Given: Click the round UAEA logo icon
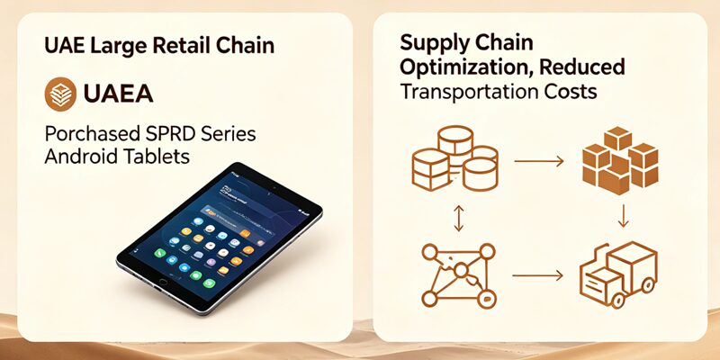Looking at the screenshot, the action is tap(60, 94).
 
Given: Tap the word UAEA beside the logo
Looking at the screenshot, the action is tap(119, 94).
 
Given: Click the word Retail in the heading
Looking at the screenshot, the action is tap(178, 46).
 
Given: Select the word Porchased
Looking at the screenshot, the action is tap(93, 134).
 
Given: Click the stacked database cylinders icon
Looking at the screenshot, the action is tap(455, 158).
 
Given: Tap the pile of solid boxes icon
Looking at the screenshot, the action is tap(620, 161).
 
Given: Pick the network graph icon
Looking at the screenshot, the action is tap(459, 275).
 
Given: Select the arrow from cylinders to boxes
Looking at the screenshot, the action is tap(538, 161).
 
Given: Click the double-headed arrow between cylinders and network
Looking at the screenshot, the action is tap(459, 218).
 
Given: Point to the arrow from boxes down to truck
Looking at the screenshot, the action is tap(623, 216).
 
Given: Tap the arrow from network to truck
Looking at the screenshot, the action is tap(537, 275).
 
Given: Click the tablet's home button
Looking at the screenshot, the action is tap(163, 282).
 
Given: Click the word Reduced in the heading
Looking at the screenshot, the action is tap(581, 67).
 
